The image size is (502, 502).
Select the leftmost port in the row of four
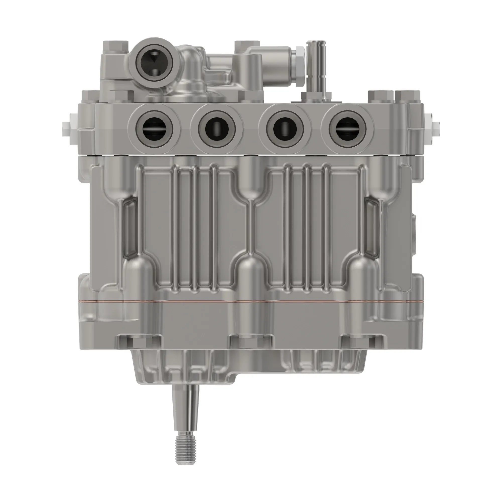154,129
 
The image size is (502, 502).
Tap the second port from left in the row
217,129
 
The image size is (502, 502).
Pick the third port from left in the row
285,129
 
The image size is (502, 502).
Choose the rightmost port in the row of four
347,129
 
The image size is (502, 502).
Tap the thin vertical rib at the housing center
250,226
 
